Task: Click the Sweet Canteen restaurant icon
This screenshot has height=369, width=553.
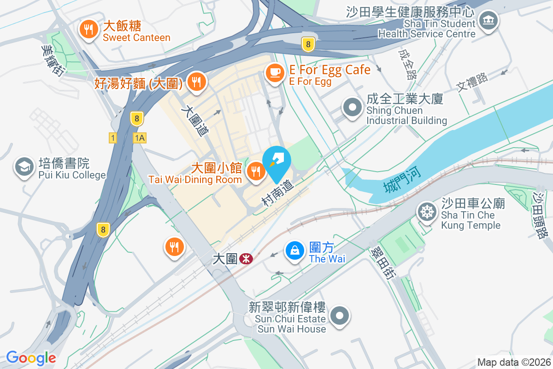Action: (x=87, y=30)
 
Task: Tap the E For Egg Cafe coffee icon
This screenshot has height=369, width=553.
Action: (x=275, y=72)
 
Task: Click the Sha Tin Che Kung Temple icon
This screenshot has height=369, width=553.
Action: (x=427, y=212)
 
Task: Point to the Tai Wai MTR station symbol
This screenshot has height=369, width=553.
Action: (x=247, y=259)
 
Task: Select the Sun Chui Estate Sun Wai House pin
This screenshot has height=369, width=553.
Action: (x=341, y=316)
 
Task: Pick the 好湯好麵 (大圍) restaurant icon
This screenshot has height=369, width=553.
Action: (x=197, y=83)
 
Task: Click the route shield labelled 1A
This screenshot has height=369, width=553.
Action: (x=140, y=137)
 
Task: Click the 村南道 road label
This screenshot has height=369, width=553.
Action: (x=278, y=193)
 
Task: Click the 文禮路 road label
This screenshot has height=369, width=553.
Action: (x=472, y=82)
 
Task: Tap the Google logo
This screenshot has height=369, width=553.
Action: (x=31, y=358)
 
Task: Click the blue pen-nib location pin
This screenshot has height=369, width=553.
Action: (x=276, y=161)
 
